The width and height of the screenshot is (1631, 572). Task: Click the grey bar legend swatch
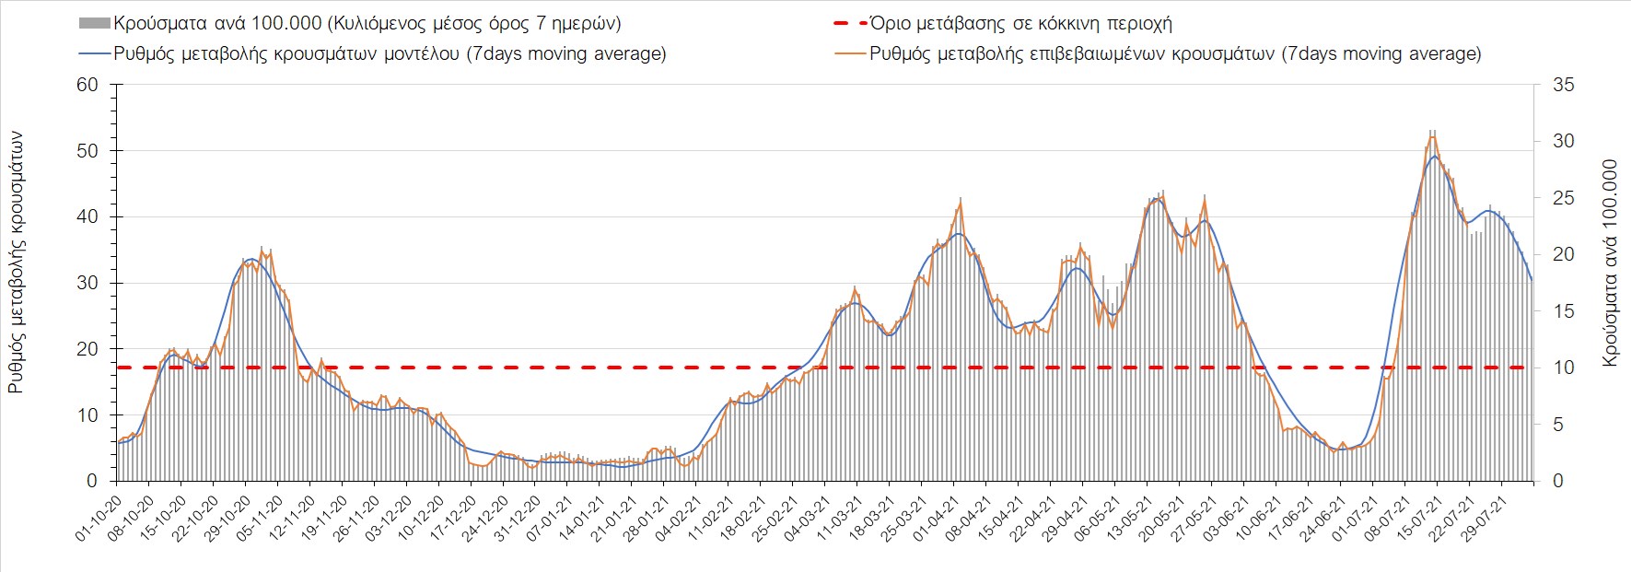[x=96, y=23]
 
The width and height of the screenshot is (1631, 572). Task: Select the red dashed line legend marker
[x=848, y=23]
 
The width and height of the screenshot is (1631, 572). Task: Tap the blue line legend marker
[x=96, y=53]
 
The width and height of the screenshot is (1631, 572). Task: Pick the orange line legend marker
[x=848, y=53]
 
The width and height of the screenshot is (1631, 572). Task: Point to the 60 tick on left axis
[x=87, y=85]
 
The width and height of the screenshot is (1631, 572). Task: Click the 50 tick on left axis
[x=87, y=151]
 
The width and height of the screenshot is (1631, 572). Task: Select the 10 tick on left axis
[x=87, y=415]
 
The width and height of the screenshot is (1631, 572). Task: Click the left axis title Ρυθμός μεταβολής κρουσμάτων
[x=16, y=263]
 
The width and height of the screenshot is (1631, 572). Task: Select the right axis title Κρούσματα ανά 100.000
[x=1610, y=263]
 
